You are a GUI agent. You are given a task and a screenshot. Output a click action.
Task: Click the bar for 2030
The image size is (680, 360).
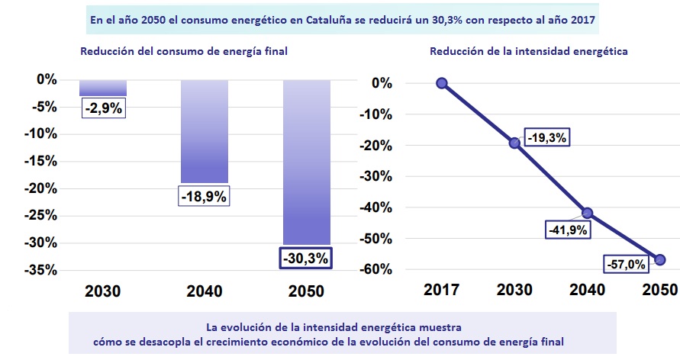[x=103, y=87]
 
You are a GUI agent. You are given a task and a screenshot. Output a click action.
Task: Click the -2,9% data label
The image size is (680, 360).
[x=103, y=108]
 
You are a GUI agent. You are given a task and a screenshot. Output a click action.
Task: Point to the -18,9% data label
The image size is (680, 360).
[x=205, y=196]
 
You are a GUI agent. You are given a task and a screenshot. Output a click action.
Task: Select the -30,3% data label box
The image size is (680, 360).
[x=306, y=258]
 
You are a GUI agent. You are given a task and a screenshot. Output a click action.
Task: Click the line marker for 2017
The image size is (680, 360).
[x=441, y=83]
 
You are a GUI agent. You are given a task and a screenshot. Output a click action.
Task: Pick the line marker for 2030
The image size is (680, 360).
[x=514, y=143]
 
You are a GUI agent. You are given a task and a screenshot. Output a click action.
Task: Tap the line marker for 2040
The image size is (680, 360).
[x=587, y=213]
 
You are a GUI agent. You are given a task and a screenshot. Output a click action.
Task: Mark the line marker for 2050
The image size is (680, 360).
[x=660, y=260]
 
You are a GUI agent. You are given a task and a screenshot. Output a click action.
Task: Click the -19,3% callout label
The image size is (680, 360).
[x=546, y=137]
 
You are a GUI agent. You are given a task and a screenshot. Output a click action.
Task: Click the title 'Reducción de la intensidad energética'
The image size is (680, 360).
[x=528, y=52]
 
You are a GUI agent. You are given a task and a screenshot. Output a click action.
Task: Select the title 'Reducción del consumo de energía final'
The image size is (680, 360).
[x=183, y=52]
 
